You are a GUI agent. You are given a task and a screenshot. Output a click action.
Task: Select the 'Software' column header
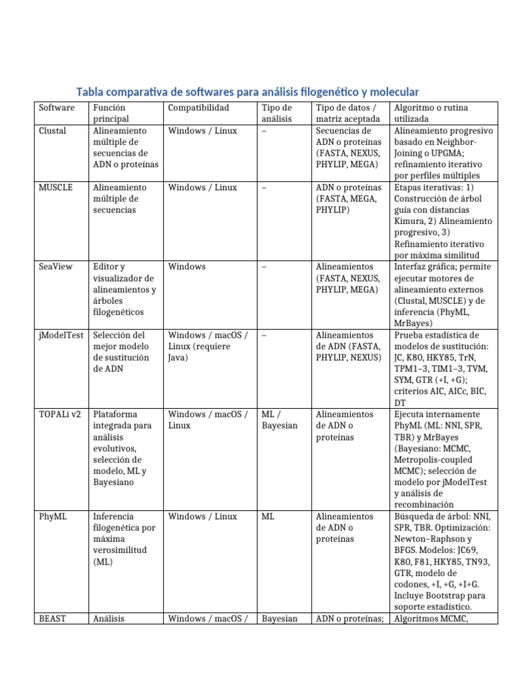coord(57,108)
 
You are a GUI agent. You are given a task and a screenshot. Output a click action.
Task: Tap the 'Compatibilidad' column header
coord(198,108)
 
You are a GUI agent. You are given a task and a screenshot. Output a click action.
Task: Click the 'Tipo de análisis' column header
coord(276,113)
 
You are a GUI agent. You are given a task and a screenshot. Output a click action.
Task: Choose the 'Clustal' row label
coord(53,131)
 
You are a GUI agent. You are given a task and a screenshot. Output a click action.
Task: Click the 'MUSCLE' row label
coord(56,187)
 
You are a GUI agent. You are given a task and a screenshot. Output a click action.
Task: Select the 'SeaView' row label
coord(56,267)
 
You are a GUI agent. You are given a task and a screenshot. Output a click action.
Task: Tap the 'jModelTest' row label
coord(61,335)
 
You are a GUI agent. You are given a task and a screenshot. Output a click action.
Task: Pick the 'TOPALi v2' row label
coord(60,414)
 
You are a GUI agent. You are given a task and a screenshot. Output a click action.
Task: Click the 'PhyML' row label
coord(52,516)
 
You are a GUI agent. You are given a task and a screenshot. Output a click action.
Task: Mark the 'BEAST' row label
coord(53,619)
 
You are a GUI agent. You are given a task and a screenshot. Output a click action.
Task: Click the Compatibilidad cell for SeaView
coord(187,267)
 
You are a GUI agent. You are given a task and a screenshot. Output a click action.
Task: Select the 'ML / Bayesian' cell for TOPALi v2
coord(279,420)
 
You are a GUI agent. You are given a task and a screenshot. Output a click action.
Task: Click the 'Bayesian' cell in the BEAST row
coord(280,619)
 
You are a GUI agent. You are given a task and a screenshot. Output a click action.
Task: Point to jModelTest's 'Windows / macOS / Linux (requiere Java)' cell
coord(209,346)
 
